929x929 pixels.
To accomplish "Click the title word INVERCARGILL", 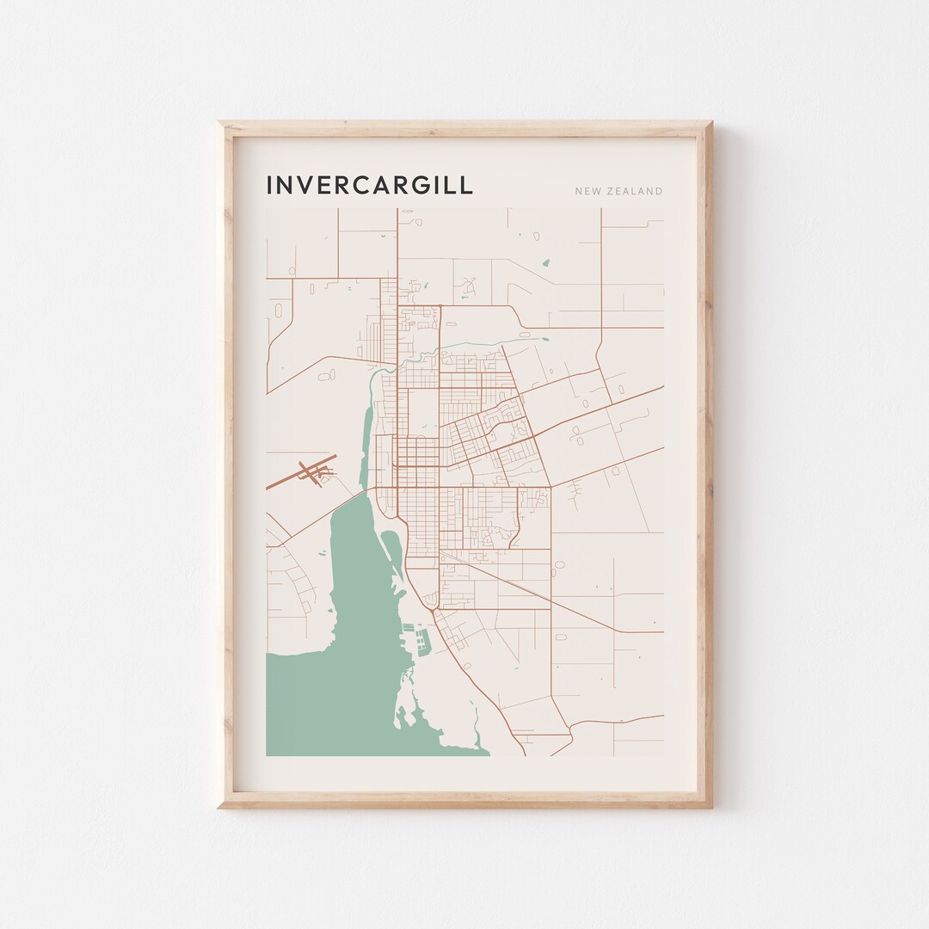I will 369,186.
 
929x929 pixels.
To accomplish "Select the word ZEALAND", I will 637,191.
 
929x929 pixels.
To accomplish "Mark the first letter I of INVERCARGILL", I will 270,186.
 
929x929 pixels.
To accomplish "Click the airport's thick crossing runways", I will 314,471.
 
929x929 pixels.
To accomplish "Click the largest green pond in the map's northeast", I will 544,263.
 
